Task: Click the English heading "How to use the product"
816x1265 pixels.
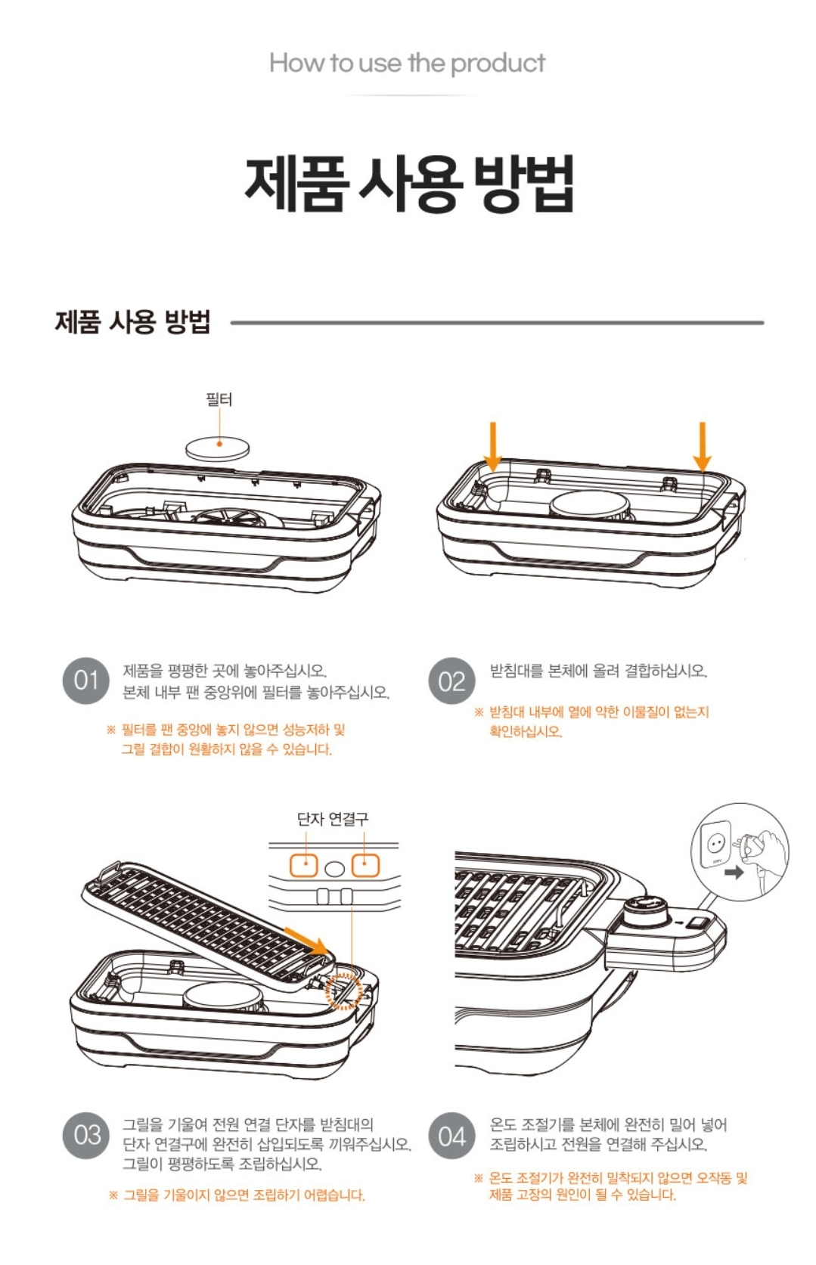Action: (x=407, y=63)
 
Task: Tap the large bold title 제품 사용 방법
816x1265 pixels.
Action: (x=409, y=183)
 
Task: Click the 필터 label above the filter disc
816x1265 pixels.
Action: (x=219, y=400)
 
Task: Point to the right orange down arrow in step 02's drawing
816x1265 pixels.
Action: (x=703, y=446)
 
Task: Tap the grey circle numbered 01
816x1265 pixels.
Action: (x=86, y=681)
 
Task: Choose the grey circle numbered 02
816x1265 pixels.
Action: (x=451, y=681)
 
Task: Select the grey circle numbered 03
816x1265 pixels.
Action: (x=87, y=1135)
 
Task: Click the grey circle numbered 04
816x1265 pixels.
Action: (x=451, y=1135)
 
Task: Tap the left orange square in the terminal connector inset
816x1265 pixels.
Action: (x=304, y=865)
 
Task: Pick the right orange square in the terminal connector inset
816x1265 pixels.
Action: (x=365, y=865)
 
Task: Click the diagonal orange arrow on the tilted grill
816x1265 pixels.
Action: (x=305, y=940)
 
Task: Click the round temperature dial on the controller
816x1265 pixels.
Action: (x=646, y=909)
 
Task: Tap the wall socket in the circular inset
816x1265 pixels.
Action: (x=715, y=845)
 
